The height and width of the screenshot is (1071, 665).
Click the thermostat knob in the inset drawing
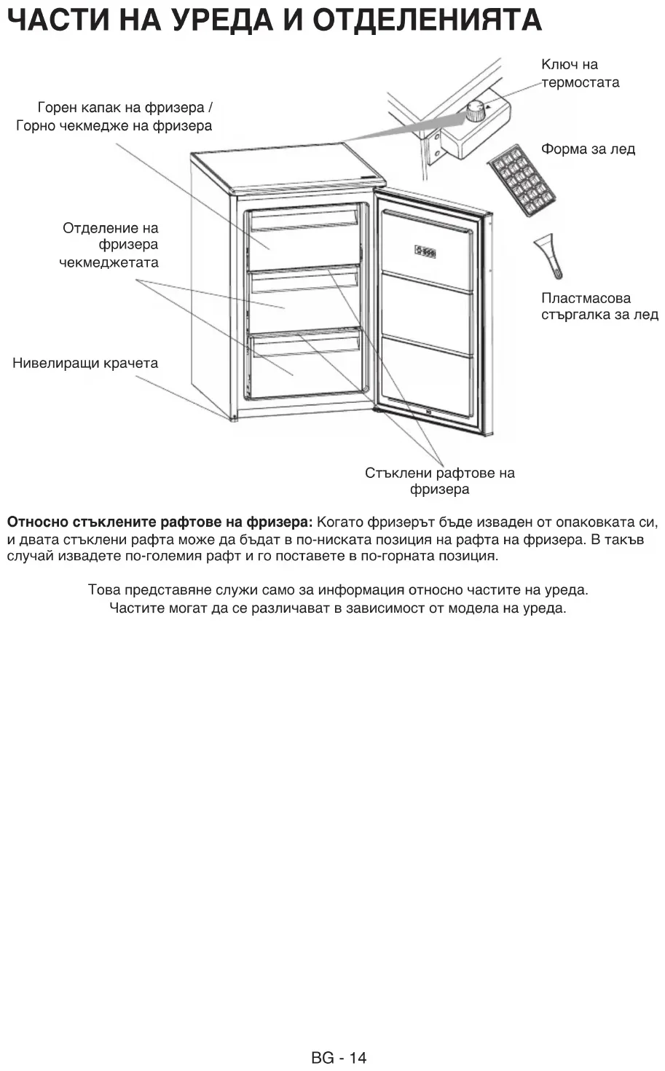point(476,111)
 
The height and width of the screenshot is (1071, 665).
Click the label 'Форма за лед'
point(588,149)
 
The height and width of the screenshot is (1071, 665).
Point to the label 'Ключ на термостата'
point(580,74)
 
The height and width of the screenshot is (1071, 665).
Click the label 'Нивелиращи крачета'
point(85,363)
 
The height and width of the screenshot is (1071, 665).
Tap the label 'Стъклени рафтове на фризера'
point(439,481)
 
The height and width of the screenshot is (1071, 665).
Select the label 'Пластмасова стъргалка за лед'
point(599,307)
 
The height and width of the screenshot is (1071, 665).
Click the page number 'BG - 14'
point(339,1057)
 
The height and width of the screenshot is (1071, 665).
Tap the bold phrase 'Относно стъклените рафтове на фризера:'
point(160,522)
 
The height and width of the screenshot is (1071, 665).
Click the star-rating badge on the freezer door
point(425,252)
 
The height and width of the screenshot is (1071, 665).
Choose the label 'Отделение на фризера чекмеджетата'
point(109,245)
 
